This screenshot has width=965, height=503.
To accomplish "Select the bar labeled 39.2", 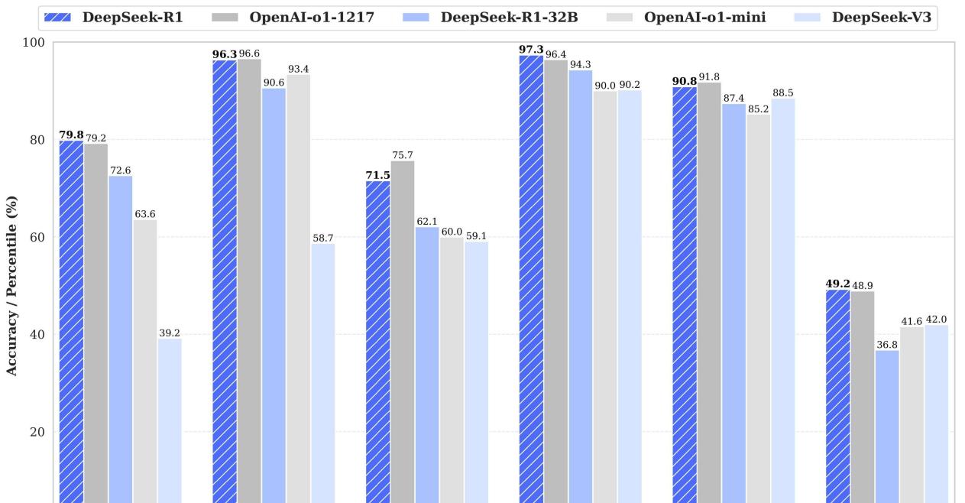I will (x=170, y=420).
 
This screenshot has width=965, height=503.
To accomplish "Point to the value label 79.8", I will (x=72, y=135).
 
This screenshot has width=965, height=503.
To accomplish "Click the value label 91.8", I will (x=709, y=76).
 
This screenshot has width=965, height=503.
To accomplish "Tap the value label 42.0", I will (x=936, y=320).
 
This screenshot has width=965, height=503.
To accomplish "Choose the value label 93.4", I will (x=298, y=69).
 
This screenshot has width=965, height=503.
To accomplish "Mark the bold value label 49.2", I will (x=837, y=284).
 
